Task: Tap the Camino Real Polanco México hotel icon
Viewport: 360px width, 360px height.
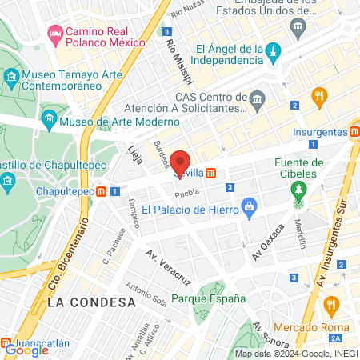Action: (x=55, y=33)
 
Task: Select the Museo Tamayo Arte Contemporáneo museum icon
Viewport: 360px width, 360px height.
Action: (x=12, y=78)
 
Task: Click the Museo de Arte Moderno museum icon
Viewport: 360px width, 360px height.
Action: (x=50, y=121)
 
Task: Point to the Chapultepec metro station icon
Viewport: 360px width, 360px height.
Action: (x=102, y=191)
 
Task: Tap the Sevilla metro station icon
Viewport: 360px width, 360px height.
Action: (x=210, y=173)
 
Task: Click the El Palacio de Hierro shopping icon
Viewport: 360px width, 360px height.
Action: (x=250, y=206)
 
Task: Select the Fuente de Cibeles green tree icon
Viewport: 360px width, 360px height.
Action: (x=299, y=190)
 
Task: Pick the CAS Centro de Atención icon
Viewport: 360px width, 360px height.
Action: (x=257, y=100)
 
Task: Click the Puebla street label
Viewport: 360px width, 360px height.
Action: (x=186, y=194)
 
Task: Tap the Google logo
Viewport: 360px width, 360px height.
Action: (x=24, y=349)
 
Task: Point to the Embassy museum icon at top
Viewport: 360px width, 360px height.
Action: (x=298, y=26)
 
